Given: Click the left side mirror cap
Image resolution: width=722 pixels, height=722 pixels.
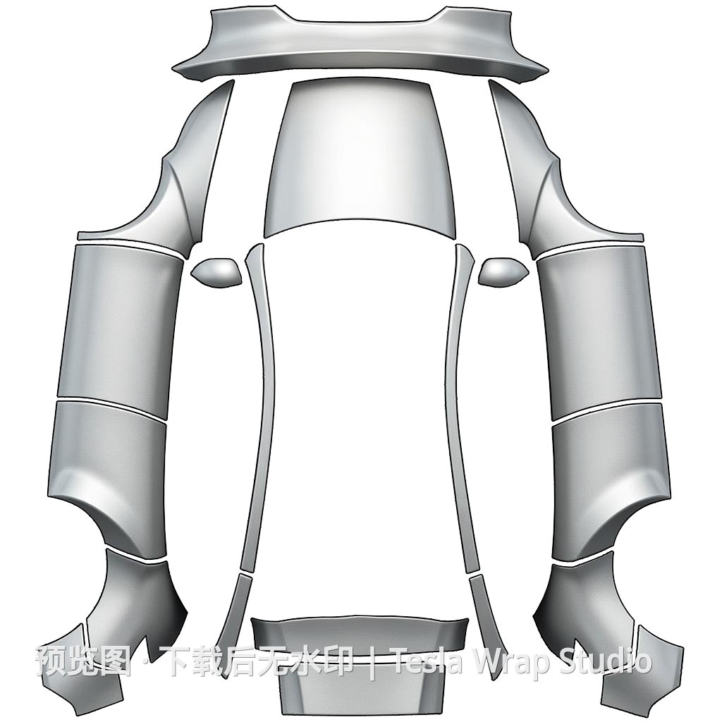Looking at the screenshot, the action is (x=217, y=273).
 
